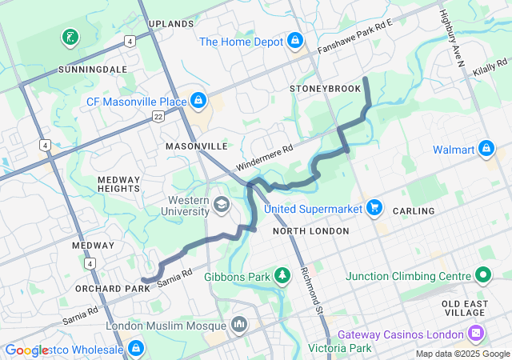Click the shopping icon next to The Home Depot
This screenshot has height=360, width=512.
coord(295,39)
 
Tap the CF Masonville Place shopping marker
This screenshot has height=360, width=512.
coord(197,101)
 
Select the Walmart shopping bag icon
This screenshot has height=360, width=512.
coord(486,149)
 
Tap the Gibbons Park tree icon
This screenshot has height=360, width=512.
coord(282,276)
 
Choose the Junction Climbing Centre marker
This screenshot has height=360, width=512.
coord(482,276)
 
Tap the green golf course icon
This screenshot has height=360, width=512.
coord(70,37)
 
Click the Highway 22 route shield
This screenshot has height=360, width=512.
coord(158,117)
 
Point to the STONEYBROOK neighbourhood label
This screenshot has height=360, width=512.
coord(326,88)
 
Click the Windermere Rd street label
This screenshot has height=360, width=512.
coord(264,157)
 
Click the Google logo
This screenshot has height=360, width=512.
coord(26,350)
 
